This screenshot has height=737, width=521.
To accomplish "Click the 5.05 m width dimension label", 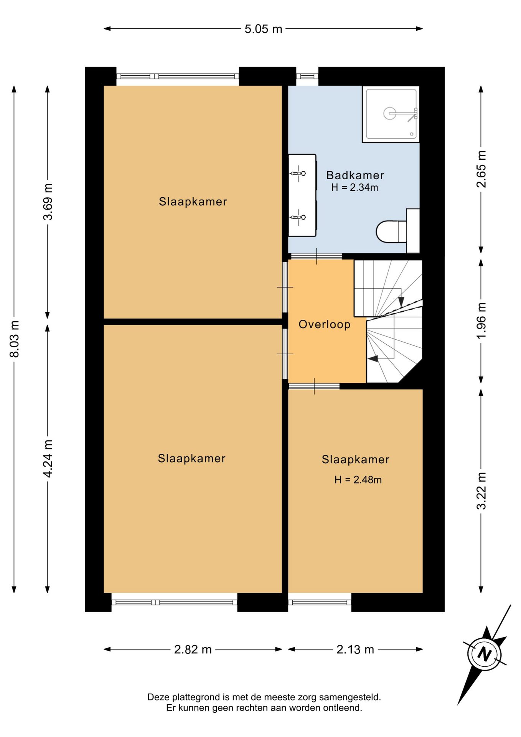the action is tap(263, 29).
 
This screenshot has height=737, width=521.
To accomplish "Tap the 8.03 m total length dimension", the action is tap(15, 339).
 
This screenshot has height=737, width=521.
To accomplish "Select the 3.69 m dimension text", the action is tap(48, 202).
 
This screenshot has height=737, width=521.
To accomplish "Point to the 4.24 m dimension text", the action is tap(48, 459).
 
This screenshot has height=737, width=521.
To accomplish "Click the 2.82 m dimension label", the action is tap(193, 649).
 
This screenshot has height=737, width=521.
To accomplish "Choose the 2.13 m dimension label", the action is tap(355, 649).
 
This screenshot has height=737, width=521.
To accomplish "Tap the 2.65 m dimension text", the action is tap(481, 169).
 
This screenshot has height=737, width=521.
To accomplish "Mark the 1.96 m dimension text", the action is tap(481, 321).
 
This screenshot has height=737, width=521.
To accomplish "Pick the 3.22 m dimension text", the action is tap(481, 491).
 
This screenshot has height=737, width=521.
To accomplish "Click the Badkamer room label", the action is tap(355, 175).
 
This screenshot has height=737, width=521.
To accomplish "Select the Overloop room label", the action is tap(325, 325).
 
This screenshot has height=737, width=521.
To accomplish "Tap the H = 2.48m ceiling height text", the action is tap(358, 480).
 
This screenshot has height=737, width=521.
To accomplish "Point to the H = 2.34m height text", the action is tap(355, 188).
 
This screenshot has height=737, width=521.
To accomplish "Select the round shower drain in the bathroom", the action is tap(390, 114).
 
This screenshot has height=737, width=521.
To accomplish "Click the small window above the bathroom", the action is tap(307, 76).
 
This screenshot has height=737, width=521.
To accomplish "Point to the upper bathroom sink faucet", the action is tap(298, 174).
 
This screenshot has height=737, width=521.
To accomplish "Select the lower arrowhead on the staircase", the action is tap(373, 359).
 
